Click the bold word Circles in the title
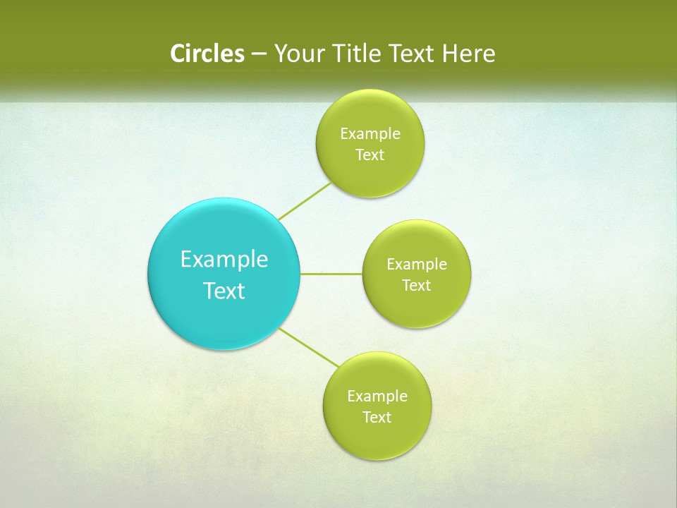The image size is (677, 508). pyautogui.click(x=207, y=54)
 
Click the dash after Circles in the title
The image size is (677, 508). pyautogui.click(x=259, y=54)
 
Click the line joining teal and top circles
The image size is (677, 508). pyautogui.click(x=305, y=201)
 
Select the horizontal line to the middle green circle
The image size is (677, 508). pyautogui.click(x=331, y=274)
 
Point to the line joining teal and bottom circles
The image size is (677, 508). pyautogui.click(x=309, y=347)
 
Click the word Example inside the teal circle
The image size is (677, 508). pyautogui.click(x=224, y=260)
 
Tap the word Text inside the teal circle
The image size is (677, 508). pyautogui.click(x=224, y=291)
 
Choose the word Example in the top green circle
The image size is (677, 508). pyautogui.click(x=370, y=134)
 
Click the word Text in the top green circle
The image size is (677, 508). pyautogui.click(x=370, y=155)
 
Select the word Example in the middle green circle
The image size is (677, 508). pyautogui.click(x=417, y=265)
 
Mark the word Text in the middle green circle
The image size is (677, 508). pyautogui.click(x=417, y=286)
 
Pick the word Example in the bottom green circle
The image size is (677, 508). pyautogui.click(x=377, y=397)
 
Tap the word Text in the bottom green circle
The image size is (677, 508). pyautogui.click(x=377, y=418)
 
